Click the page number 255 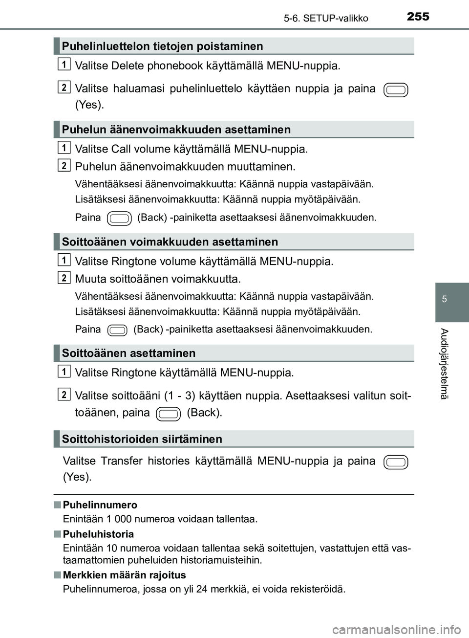tap(418, 17)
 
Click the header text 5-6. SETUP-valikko tap(325, 19)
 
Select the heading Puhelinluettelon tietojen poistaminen tap(162, 46)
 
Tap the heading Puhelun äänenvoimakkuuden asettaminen tap(176, 130)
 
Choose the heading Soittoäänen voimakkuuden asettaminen tap(170, 242)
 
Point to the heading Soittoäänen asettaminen tap(128, 353)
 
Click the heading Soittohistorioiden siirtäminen tap(142, 439)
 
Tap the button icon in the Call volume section tap(119, 218)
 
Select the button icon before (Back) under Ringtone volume tap(117, 330)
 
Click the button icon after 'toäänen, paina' tap(168, 414)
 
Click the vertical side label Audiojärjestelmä tap(444, 364)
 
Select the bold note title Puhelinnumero tap(100, 505)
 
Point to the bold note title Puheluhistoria tap(98, 534)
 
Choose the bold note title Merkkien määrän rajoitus tap(124, 575)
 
